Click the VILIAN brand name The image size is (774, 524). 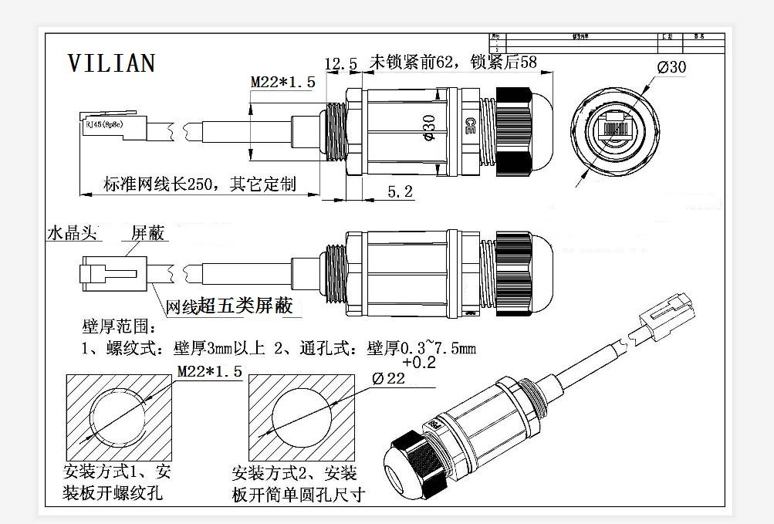[112, 63]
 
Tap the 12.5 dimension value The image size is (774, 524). [340, 65]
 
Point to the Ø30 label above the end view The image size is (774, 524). [671, 67]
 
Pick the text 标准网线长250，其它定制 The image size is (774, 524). [200, 184]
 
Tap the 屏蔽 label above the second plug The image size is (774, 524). [147, 233]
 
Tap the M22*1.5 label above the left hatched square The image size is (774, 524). [209, 372]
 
